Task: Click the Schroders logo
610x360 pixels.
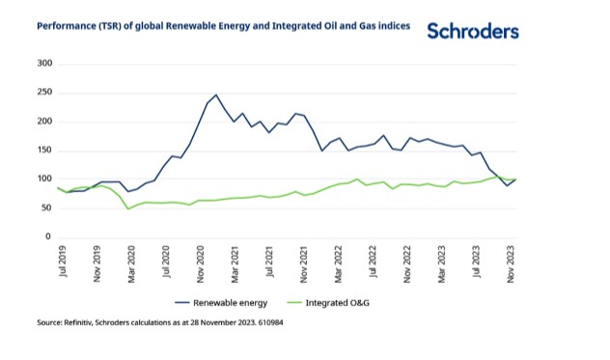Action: (x=473, y=31)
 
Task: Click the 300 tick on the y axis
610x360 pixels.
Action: (x=44, y=64)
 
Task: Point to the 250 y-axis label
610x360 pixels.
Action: (x=44, y=93)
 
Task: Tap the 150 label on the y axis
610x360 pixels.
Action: (x=44, y=151)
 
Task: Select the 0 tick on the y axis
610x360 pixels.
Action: (x=48, y=236)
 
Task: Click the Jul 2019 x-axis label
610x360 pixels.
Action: (x=63, y=262)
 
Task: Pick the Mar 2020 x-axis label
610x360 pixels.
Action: (x=131, y=263)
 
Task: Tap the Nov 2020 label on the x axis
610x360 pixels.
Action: (x=201, y=263)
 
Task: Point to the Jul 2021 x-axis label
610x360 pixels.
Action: (x=269, y=262)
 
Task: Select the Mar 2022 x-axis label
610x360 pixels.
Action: (x=338, y=263)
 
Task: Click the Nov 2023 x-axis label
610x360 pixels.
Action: (x=511, y=263)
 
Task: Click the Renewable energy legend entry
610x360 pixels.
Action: (x=221, y=303)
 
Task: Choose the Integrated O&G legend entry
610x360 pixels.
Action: (x=328, y=303)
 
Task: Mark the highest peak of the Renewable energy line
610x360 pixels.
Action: (x=216, y=95)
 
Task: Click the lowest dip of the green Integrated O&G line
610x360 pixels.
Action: (x=128, y=209)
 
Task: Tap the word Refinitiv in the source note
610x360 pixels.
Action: (x=78, y=322)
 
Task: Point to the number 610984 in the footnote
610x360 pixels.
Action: (x=270, y=322)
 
